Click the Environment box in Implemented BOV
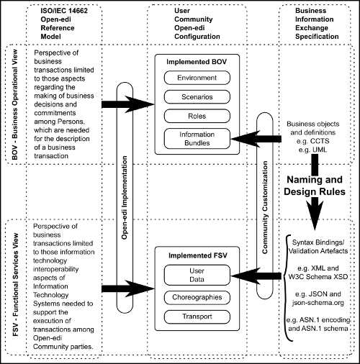[197, 78]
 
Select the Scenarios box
[197, 97]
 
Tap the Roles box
[197, 116]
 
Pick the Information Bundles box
[197, 139]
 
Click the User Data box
[197, 275]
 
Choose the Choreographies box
[197, 297]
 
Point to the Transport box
[197, 317]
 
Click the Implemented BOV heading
[197, 62]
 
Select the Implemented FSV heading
[197, 255]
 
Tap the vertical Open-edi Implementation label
[125, 198]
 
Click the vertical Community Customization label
[265, 207]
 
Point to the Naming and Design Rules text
[315, 186]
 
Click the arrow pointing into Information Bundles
[256, 139]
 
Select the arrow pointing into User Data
[256, 276]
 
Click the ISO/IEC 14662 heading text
[64, 11]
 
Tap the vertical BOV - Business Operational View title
[15, 104]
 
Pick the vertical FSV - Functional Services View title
[15, 285]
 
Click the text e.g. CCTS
[313, 141]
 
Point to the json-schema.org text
[318, 303]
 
